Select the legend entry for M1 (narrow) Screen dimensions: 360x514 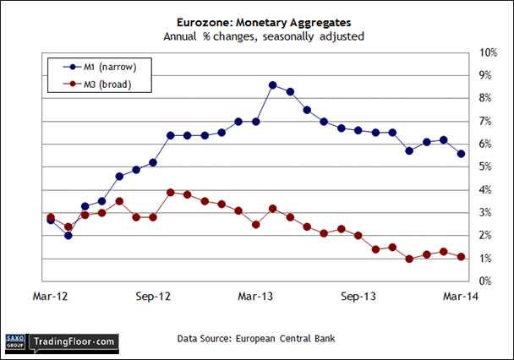click(98, 66)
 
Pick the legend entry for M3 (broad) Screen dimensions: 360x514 click(98, 84)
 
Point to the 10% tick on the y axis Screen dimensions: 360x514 click(488, 53)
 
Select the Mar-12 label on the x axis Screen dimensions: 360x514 click(51, 297)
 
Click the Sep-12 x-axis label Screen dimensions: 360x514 click(153, 297)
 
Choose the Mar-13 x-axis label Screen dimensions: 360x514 click(256, 297)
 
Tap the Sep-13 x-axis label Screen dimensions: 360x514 click(358, 297)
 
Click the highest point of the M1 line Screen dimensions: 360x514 click(272, 85)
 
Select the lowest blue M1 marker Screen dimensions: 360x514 click(68, 235)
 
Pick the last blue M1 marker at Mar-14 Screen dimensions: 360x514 click(461, 154)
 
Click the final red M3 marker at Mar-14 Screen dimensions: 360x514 click(461, 257)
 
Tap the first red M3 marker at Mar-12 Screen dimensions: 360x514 click(51, 217)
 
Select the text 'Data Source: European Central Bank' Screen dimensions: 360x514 click(255, 339)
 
